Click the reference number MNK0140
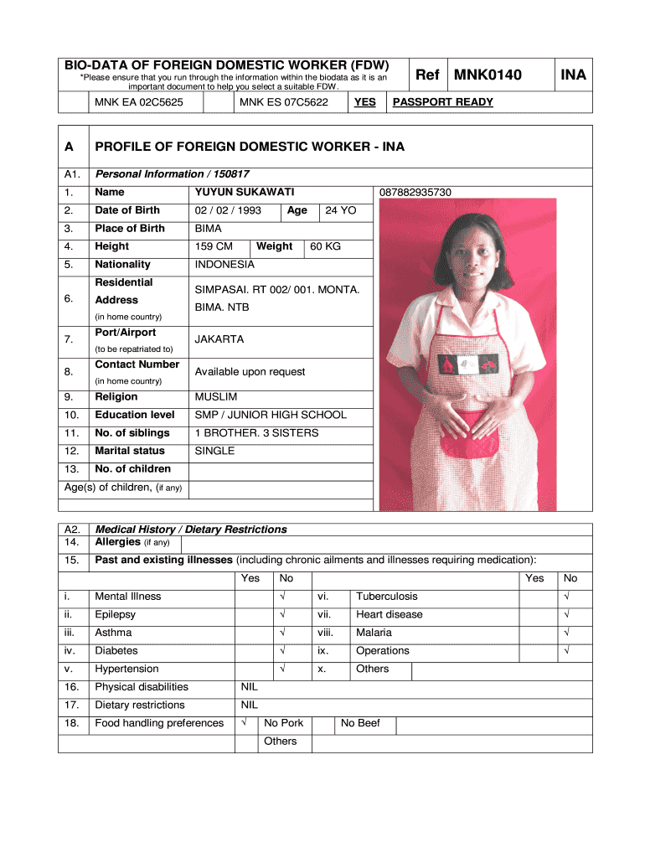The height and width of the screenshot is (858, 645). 488,75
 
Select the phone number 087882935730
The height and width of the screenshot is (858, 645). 415,193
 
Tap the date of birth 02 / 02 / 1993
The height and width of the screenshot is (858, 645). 228,211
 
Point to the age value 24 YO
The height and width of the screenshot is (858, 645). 341,211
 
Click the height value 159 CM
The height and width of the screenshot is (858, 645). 214,247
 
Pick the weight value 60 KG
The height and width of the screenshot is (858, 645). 326,247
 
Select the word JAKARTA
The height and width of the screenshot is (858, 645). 219,340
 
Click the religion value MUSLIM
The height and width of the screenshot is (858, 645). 216,397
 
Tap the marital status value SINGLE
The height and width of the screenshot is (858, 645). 214,452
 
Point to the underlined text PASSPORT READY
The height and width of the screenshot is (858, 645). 443,102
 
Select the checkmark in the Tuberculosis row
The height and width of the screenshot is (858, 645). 567,597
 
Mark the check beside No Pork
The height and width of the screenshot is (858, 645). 244,723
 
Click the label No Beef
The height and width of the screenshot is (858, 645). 360,723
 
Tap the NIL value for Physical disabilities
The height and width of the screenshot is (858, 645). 250,687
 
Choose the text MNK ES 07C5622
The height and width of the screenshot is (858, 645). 284,102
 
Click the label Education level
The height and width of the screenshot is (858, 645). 135,416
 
